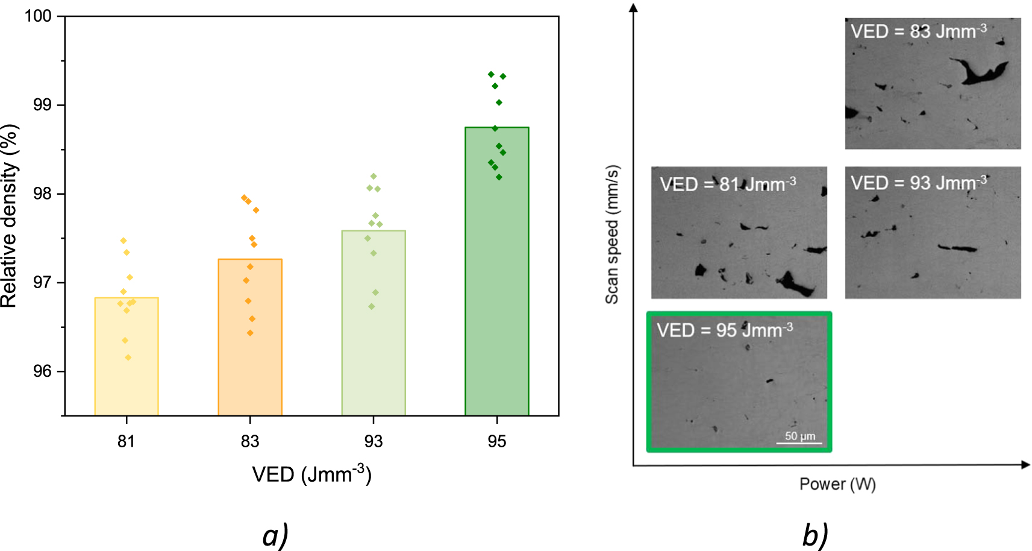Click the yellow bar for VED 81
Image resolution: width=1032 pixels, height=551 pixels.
[x=127, y=356]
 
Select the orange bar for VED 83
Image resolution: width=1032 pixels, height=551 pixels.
[x=250, y=338]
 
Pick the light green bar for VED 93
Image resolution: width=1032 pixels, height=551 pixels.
[x=374, y=323]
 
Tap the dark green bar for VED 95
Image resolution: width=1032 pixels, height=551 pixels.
[x=496, y=271]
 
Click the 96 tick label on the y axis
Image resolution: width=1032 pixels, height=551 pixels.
[x=42, y=371]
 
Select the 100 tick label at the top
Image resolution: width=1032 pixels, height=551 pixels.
[x=38, y=16]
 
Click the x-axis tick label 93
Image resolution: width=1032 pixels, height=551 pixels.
[x=374, y=442]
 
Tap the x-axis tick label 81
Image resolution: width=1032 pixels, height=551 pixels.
[x=126, y=442]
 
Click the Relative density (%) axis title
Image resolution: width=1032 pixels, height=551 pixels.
[x=10, y=216]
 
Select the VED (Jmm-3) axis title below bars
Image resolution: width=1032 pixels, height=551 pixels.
[x=311, y=474]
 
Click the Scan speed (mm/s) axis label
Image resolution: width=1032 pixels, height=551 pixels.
[x=612, y=234]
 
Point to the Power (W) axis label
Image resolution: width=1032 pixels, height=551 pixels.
[x=837, y=484]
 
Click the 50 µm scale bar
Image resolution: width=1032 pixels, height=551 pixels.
[x=799, y=443]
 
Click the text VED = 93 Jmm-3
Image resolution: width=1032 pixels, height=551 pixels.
[x=918, y=183]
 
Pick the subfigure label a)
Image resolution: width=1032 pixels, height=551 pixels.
[x=275, y=535]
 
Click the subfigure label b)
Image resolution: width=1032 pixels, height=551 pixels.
[x=815, y=535]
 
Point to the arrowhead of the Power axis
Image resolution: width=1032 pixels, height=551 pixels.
[x=1025, y=464]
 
